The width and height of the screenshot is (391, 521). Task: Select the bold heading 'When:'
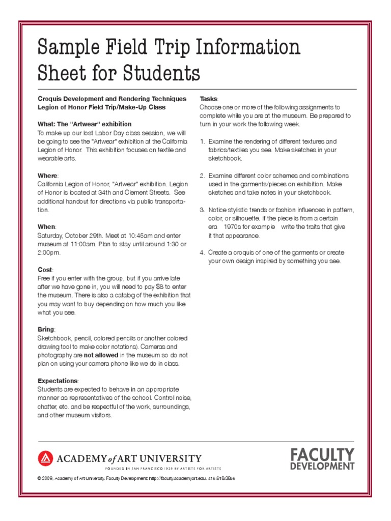pos(47,226)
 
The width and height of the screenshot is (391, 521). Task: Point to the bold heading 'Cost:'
pos(45,269)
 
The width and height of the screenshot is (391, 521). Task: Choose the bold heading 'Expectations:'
pos(58,381)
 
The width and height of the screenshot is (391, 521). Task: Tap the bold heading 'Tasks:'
pos(209,99)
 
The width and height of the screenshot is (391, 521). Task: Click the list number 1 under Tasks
pos(202,141)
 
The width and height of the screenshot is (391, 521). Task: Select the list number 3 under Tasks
pos(202,210)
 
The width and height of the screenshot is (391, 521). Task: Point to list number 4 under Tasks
pos(202,252)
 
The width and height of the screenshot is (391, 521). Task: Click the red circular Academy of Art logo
pos(45,459)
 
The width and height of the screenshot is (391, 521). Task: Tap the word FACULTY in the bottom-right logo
pos(322,454)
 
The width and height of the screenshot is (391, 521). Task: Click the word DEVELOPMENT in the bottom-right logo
pos(322,466)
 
